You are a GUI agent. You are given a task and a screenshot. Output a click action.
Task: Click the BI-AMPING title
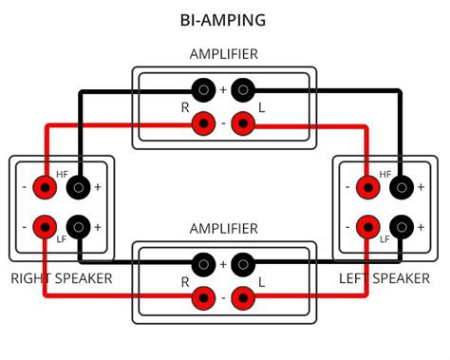tap(223, 19)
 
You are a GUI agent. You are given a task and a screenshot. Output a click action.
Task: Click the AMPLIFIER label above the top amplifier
tap(223, 54)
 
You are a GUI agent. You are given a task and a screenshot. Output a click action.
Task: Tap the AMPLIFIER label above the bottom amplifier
tap(223, 229)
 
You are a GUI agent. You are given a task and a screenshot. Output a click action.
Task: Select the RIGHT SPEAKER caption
tap(62, 278)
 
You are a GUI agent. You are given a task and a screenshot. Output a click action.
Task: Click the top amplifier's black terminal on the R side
tap(203, 90)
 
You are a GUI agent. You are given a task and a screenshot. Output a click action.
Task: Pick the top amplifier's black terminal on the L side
tap(243, 90)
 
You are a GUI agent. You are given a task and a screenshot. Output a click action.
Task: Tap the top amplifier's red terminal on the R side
tap(203, 123)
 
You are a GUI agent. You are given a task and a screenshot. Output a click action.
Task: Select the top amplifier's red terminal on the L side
tap(243, 123)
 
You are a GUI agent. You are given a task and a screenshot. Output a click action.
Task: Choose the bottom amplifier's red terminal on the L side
tap(243, 298)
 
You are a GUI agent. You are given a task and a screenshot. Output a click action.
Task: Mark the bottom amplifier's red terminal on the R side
tap(203, 298)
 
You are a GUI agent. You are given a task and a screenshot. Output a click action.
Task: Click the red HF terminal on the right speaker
tap(44, 187)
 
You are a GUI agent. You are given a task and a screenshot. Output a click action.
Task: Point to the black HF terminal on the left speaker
tap(403, 187)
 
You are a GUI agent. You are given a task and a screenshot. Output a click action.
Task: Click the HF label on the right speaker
tap(62, 175)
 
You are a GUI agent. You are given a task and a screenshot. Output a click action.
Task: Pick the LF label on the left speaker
tap(384, 239)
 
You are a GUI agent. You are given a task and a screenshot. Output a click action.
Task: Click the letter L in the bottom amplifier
tap(262, 283)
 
